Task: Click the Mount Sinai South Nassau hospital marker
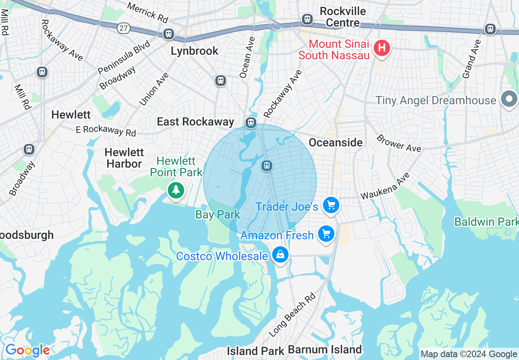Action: pos(381,48)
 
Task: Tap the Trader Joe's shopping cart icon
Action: pos(331,205)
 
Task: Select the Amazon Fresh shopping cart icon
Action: pos(326,234)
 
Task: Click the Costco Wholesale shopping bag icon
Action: pos(280,255)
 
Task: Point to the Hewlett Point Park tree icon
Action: pos(176,190)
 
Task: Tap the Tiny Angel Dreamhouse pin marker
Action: pos(509,99)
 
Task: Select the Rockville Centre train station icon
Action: pos(307,19)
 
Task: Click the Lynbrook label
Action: pos(194,51)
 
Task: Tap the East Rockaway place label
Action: pos(196,122)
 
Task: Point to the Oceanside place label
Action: pos(336,142)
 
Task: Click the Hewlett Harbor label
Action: pos(124,158)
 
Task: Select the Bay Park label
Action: pos(218,214)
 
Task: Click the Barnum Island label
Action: pos(325,350)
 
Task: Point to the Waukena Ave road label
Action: pos(385,186)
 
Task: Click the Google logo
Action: pos(27,351)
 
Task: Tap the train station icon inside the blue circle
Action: pos(267,166)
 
